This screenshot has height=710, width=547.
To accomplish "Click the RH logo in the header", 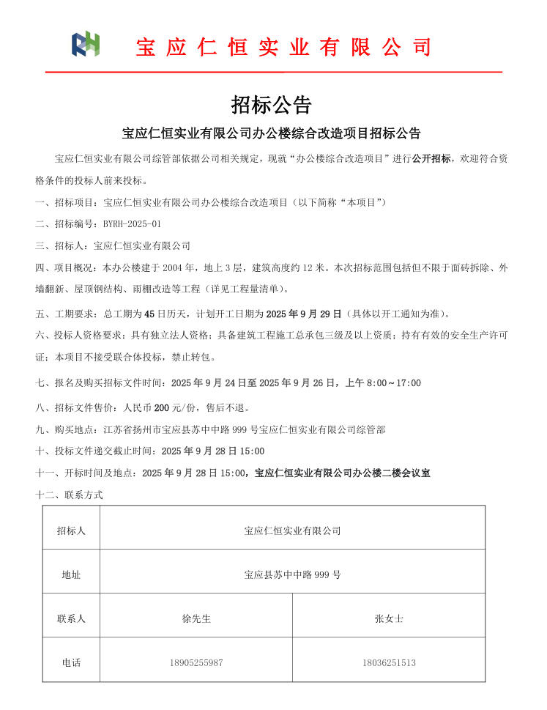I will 86,45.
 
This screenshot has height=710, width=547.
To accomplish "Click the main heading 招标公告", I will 272,105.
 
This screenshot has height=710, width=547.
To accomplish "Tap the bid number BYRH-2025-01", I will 132,224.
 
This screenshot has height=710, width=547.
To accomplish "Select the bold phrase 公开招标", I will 431,158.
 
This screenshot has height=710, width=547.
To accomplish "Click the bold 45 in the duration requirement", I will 150,314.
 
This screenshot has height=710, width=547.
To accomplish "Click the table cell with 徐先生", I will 196,618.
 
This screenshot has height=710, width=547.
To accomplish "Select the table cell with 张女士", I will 389,618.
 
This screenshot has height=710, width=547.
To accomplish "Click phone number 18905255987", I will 196,662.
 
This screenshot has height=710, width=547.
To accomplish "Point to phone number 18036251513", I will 389,662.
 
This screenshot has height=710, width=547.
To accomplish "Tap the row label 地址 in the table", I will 71,574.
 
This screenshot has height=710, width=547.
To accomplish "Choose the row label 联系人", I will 71,618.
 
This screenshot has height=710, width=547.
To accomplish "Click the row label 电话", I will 71,662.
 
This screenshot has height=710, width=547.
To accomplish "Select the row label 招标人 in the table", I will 71,530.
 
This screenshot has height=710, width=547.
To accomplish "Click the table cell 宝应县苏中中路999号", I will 292,574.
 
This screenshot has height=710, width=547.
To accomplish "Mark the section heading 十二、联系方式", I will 70,495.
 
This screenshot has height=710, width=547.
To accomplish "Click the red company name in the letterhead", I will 283,47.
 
